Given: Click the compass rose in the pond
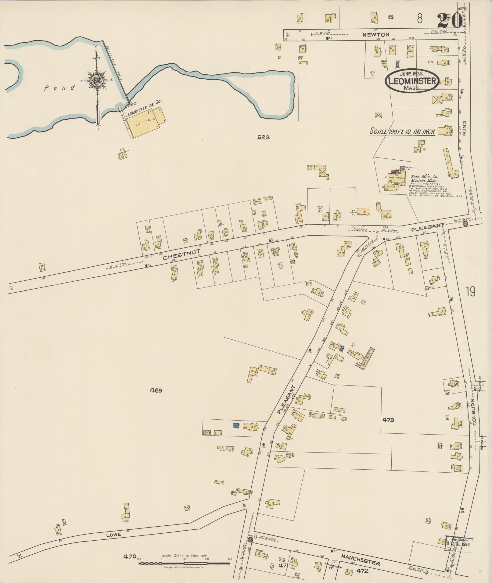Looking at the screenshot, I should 96,81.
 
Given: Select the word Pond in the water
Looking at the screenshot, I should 59,88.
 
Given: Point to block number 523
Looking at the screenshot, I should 263,137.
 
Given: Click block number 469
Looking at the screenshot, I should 156,390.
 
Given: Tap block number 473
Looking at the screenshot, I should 388,420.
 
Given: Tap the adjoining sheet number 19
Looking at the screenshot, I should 470,292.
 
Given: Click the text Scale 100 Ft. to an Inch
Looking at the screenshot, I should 402,132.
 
